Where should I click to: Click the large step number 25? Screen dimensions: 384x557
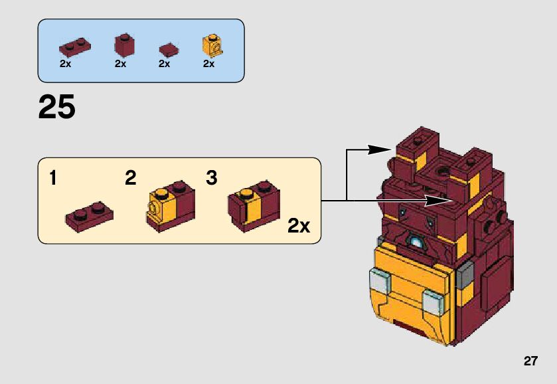[x=56, y=108]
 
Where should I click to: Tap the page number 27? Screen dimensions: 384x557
[x=530, y=361]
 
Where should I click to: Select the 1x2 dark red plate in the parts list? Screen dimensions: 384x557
[x=74, y=47]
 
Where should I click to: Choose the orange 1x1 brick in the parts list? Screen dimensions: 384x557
[x=212, y=45]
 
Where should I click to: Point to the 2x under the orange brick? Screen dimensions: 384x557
[x=208, y=64]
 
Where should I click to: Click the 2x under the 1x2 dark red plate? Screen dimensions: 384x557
[x=65, y=64]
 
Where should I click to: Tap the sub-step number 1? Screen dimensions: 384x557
[x=52, y=178]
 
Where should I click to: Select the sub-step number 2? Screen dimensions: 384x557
[x=131, y=178]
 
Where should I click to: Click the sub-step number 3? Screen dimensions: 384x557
[x=212, y=178]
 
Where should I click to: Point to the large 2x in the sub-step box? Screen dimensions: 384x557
[x=299, y=226]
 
